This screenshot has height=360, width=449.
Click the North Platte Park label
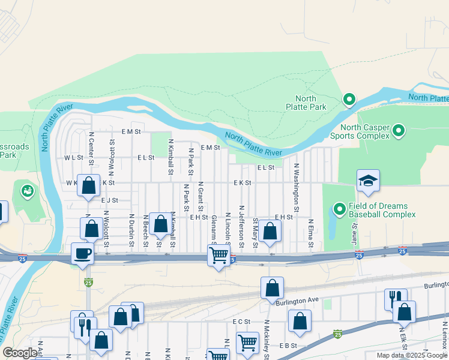coord(310,103)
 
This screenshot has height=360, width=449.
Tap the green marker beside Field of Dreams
coord(339,209)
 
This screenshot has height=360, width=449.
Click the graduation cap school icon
coord(368,181)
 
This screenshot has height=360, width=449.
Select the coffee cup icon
coord(82,253)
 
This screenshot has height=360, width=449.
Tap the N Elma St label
coord(311,235)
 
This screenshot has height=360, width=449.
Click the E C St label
coord(241,322)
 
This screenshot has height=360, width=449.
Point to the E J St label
coord(110,200)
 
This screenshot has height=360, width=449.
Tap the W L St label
coord(73,158)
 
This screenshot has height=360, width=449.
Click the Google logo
coord(20,353)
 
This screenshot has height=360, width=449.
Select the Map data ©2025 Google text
coord(411,355)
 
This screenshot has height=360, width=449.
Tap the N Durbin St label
coord(131,231)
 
